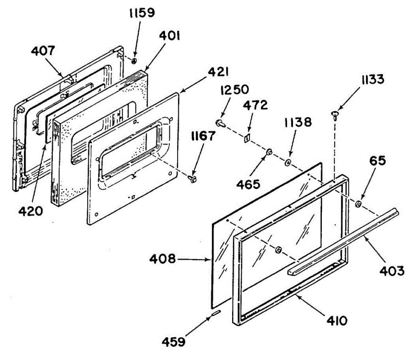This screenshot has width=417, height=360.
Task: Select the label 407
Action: [x=43, y=51]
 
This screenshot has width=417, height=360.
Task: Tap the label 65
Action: [x=379, y=161]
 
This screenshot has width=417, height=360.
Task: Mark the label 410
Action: [x=337, y=320]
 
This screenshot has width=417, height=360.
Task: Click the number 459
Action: [x=173, y=342]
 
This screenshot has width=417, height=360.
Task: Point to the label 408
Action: [x=162, y=259]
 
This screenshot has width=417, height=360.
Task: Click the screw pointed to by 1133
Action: [x=335, y=114]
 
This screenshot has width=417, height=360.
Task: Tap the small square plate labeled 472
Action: [x=247, y=138]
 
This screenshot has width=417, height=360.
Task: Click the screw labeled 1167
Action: [x=192, y=179]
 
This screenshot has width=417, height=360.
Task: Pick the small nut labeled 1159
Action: [x=134, y=61]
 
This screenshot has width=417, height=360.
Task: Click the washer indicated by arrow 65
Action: [x=359, y=203]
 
